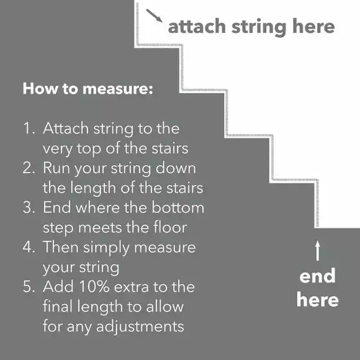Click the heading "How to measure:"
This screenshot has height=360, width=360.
87,89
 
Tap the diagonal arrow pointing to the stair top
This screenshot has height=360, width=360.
155,16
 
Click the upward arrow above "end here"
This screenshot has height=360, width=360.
317,251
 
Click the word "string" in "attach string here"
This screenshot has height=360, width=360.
261,27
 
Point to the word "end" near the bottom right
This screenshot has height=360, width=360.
317,276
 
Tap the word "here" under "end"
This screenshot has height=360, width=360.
317,300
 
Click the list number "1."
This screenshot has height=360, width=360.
29,129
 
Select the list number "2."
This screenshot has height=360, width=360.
29,168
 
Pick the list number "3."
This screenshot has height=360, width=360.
29,208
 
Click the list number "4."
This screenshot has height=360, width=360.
29,247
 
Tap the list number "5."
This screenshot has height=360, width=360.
29,287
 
